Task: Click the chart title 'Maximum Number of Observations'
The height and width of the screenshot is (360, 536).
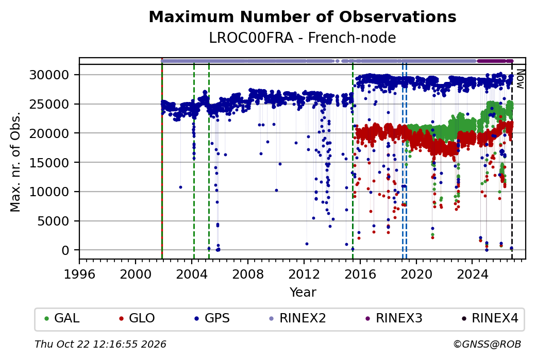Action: pyautogui.click(x=303, y=16)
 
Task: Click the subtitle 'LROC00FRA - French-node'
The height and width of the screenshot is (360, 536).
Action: pyautogui.click(x=303, y=38)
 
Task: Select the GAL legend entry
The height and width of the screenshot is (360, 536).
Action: pyautogui.click(x=62, y=318)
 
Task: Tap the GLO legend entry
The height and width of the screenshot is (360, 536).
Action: pyautogui.click(x=137, y=318)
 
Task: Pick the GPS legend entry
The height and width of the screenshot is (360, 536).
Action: pyautogui.click(x=212, y=318)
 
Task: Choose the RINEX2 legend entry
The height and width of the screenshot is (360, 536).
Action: pyautogui.click(x=298, y=318)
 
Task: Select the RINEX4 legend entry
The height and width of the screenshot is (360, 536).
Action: pyautogui.click(x=490, y=318)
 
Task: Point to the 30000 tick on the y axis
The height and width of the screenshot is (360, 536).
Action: pyautogui.click(x=49, y=75)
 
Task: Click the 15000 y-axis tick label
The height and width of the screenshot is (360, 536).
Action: pyautogui.click(x=49, y=163)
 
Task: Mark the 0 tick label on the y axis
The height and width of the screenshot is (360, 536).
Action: pyautogui.click(x=65, y=250)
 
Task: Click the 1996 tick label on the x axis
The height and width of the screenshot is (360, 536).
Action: pyautogui.click(x=79, y=274)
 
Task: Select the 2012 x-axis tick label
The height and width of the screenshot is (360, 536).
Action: pyautogui.click(x=304, y=274)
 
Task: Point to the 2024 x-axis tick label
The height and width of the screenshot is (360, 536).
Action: pyautogui.click(x=472, y=274)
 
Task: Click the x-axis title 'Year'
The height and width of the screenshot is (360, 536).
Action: pyautogui.click(x=303, y=293)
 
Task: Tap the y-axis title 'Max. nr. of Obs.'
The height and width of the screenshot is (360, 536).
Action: pyautogui.click(x=15, y=162)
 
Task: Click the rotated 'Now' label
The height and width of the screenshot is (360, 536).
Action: pyautogui.click(x=520, y=79)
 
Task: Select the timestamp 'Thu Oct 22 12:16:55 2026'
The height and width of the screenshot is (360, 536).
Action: pyautogui.click(x=100, y=344)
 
